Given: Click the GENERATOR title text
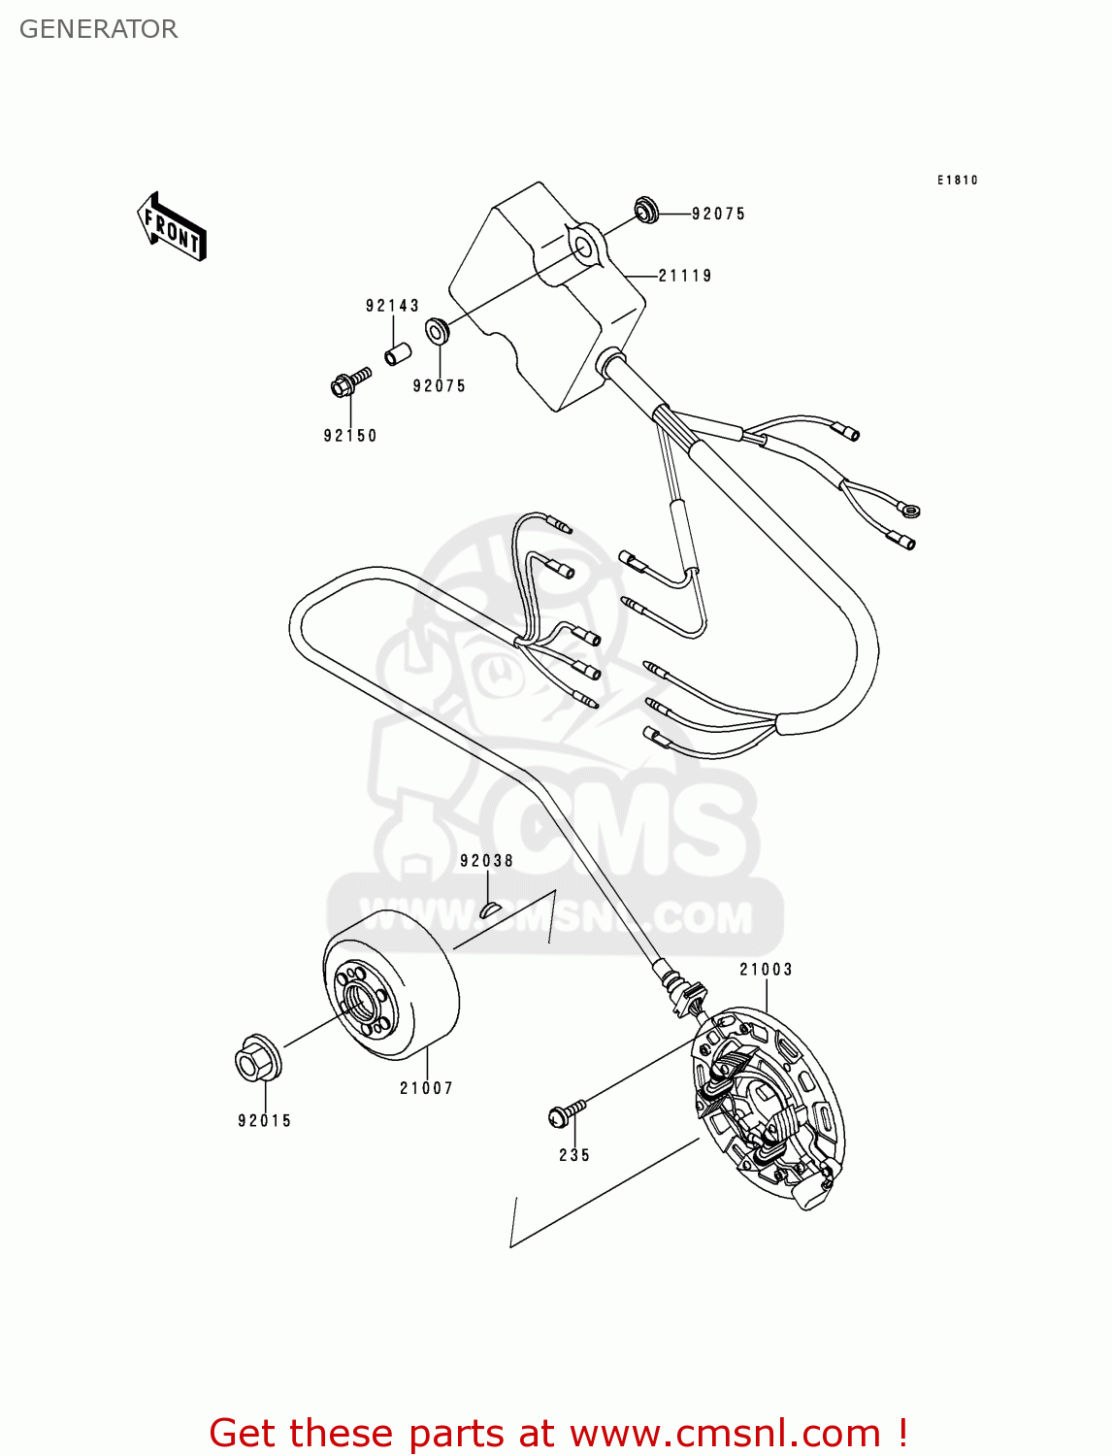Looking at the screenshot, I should [98, 29].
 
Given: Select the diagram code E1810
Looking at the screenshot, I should [957, 181].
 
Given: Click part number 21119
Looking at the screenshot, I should [685, 276].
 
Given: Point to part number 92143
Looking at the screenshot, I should [392, 306].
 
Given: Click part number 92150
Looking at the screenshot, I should [350, 436].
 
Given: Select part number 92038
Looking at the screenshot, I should [486, 861].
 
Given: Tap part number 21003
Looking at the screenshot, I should [766, 970].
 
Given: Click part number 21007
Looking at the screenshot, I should [426, 1088].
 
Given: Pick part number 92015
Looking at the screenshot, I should [264, 1121].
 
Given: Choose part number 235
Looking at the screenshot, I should [574, 1155].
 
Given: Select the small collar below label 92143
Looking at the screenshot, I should [394, 351].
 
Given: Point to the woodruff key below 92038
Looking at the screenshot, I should [489, 909].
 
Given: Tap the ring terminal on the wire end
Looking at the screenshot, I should [909, 510].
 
